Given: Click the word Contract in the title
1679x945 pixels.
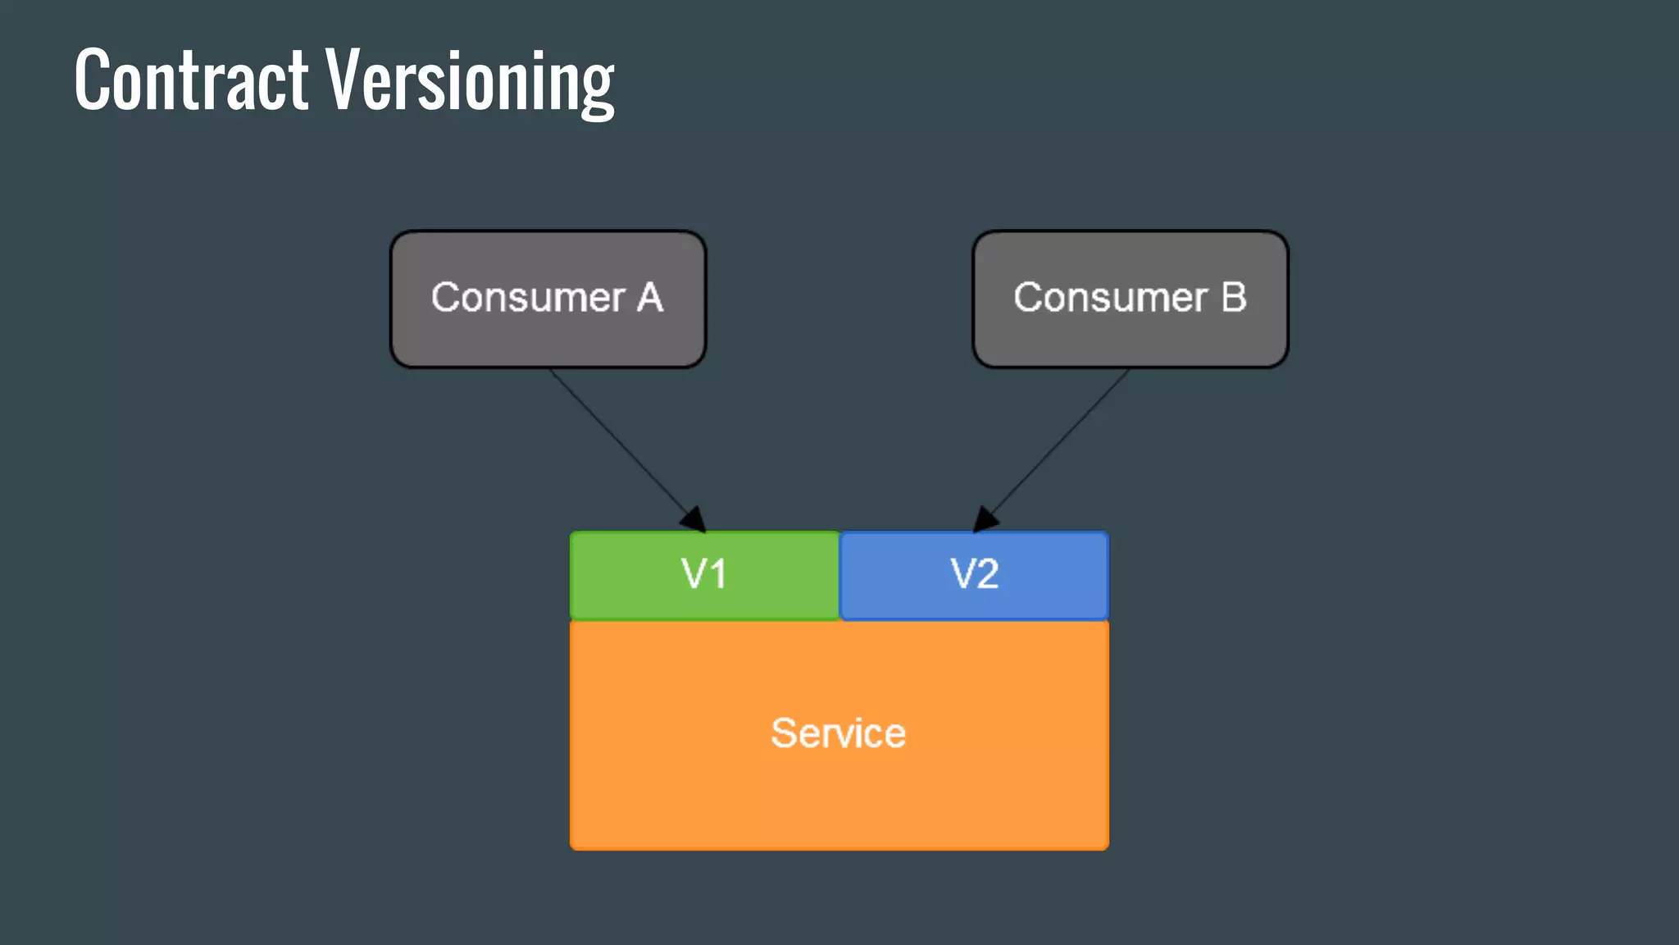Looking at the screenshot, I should tap(191, 80).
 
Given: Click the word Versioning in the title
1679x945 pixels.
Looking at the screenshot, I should tap(470, 81).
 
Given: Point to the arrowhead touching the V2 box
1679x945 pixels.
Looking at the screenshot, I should tap(984, 520).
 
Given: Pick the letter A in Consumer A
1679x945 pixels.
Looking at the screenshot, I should tap(649, 297).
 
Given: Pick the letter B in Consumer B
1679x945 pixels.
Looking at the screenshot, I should tap(1233, 297).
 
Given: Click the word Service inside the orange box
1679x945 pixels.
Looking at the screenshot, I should tap(838, 733).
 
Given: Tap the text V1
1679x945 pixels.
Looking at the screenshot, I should tap(703, 573).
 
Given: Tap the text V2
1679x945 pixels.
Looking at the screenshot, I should tap(974, 573).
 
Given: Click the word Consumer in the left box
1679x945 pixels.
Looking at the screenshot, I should tap(528, 297).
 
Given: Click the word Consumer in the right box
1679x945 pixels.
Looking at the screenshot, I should tap(1110, 297).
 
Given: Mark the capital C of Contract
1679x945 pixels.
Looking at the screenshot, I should tap(93, 80).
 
